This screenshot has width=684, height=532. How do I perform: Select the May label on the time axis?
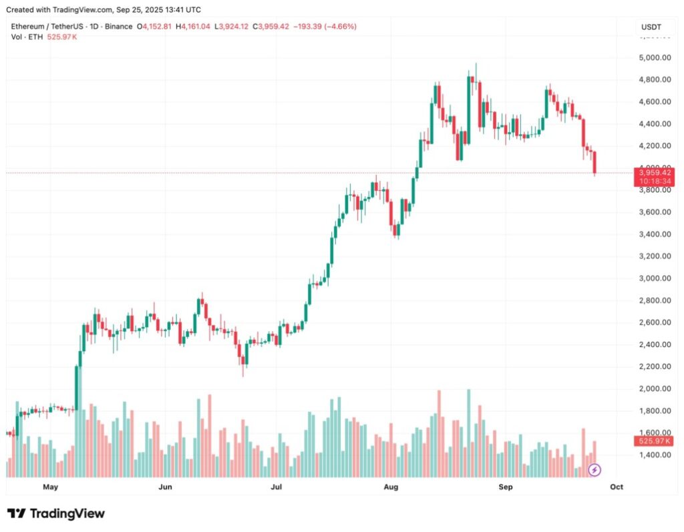point(51,487)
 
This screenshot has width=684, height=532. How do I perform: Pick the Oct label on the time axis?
point(617,487)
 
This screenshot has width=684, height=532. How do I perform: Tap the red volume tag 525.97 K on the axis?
point(655,441)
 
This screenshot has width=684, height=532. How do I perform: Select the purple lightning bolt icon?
point(594,470)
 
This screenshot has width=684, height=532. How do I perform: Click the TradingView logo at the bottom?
point(56,513)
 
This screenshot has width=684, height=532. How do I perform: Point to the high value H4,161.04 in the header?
point(192,27)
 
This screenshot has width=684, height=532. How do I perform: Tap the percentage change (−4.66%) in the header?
point(339,27)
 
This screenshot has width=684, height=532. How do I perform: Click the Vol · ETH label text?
point(27,37)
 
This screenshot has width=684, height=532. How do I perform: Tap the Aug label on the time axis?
point(391,487)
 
